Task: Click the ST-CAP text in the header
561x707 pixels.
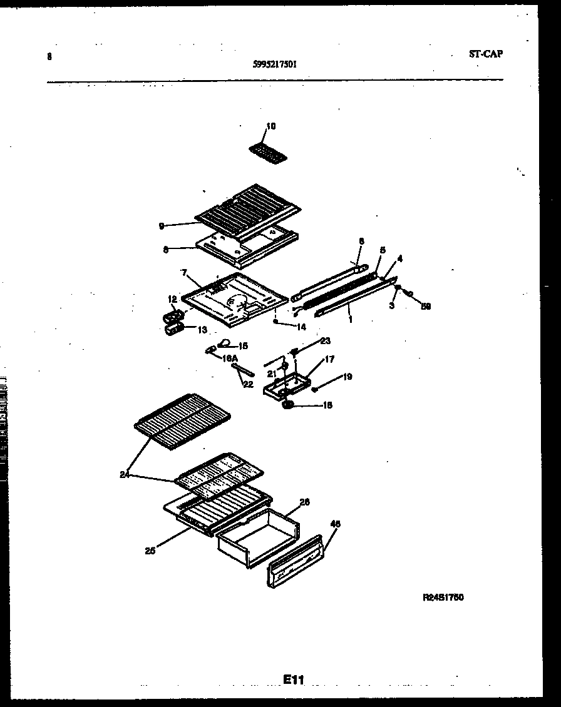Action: [x=485, y=54]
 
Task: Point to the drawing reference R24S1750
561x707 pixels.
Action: [x=443, y=598]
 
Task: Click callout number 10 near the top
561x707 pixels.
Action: [x=270, y=126]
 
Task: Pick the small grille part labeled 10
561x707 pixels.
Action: [x=266, y=152]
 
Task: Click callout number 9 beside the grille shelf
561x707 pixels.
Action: [x=162, y=226]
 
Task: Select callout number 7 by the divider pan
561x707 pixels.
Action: [x=185, y=273]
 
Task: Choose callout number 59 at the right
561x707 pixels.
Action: [x=426, y=306]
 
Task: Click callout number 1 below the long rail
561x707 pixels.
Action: [x=350, y=319]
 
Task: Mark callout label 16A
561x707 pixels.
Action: [x=229, y=358]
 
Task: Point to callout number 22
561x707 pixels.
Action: [x=248, y=384]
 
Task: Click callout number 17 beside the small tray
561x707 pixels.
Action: [x=329, y=359]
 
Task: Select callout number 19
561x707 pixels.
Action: [x=347, y=377]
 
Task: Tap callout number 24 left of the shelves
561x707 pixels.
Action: [x=125, y=474]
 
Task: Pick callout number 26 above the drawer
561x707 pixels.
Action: [x=305, y=502]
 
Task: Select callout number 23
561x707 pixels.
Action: [x=325, y=341]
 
